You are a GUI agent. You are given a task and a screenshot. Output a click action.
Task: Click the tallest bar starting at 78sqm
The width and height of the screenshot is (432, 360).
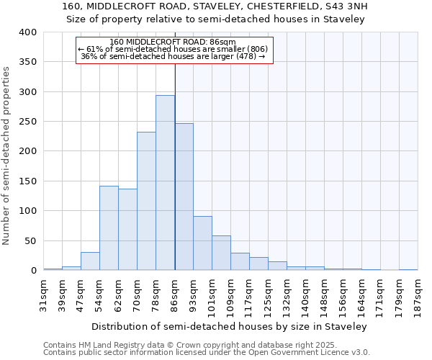click(x=165, y=183)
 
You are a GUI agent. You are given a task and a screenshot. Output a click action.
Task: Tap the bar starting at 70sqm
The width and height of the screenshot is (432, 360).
click(x=146, y=201)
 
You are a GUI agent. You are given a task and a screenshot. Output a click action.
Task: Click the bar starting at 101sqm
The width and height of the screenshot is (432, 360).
click(x=221, y=253)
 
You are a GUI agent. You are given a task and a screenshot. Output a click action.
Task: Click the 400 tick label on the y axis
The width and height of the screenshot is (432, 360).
click(x=28, y=32)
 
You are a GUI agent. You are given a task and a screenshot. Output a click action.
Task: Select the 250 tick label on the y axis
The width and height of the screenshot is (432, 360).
click(x=28, y=122)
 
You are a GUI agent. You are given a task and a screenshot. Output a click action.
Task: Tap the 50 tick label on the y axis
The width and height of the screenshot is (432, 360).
click(x=31, y=240)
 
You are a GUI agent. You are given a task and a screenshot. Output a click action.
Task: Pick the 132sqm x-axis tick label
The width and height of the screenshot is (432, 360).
click(x=287, y=296)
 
